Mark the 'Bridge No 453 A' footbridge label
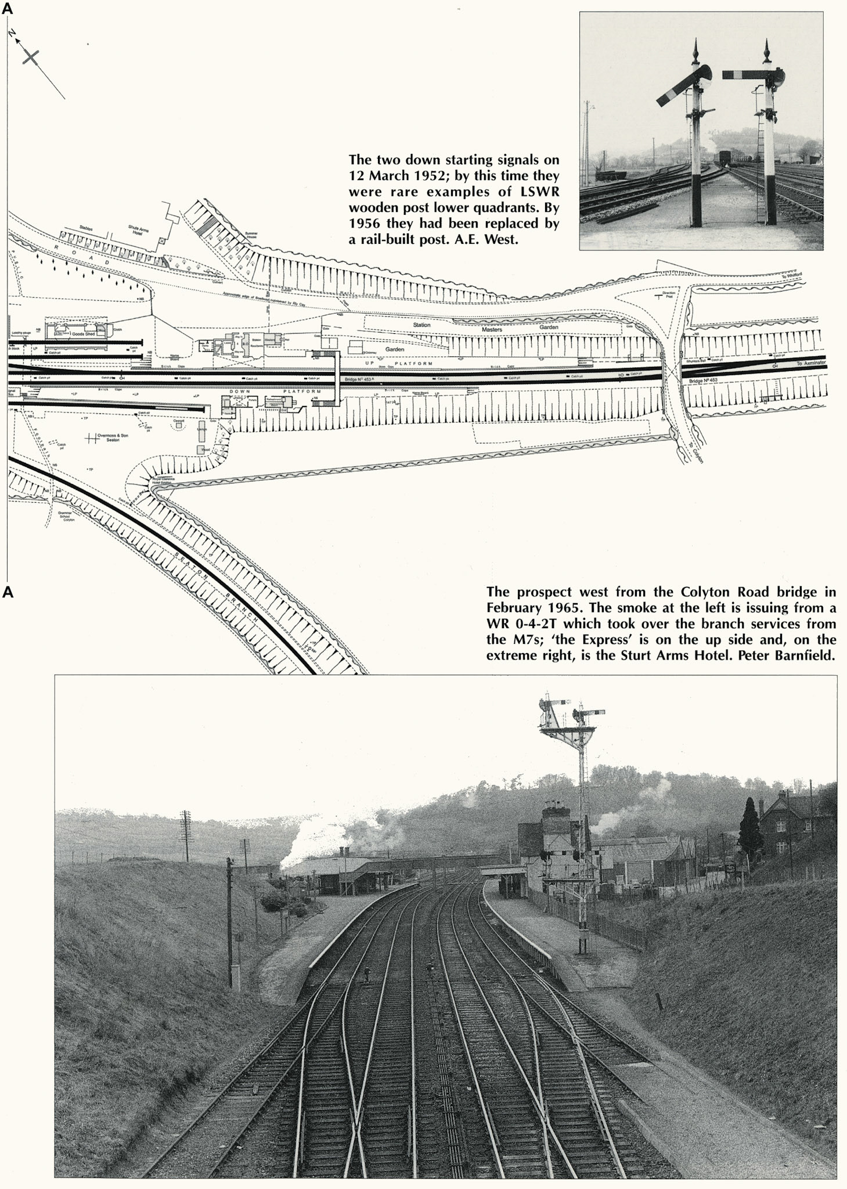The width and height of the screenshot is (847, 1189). tap(358, 380)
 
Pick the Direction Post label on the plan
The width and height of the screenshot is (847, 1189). tap(669, 293)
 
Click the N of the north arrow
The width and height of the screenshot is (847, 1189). tap(12, 34)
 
